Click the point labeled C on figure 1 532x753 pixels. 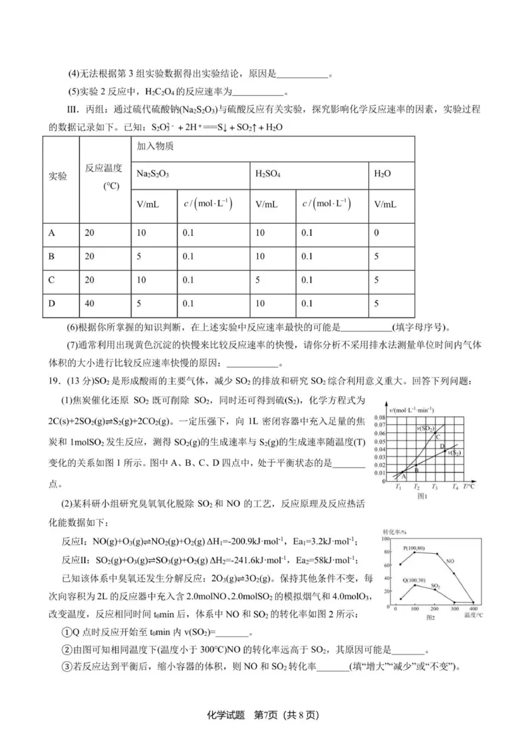[438, 436]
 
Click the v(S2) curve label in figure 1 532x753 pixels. [454, 453]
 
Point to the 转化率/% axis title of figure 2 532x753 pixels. [394, 532]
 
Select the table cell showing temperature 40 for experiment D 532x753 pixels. [90, 303]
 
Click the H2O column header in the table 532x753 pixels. [382, 172]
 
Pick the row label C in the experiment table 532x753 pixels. [53, 280]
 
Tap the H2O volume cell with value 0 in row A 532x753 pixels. [377, 233]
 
